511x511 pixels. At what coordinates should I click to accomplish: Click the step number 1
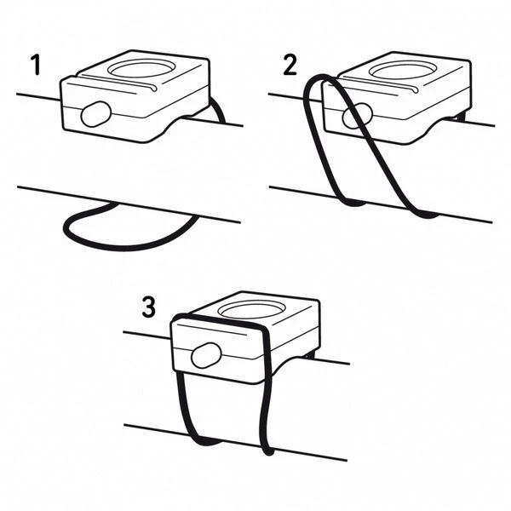coord(36,65)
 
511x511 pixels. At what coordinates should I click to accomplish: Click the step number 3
coord(148,307)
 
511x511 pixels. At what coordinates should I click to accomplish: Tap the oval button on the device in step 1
coord(96,114)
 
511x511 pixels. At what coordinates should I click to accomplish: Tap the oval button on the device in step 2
coord(357,116)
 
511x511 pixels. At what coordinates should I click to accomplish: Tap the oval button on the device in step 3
coord(206,355)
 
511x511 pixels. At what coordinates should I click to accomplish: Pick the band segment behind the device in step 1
coord(218,110)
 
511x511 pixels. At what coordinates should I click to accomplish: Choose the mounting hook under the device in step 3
coord(310,354)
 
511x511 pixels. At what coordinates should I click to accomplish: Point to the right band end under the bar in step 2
coord(425,215)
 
